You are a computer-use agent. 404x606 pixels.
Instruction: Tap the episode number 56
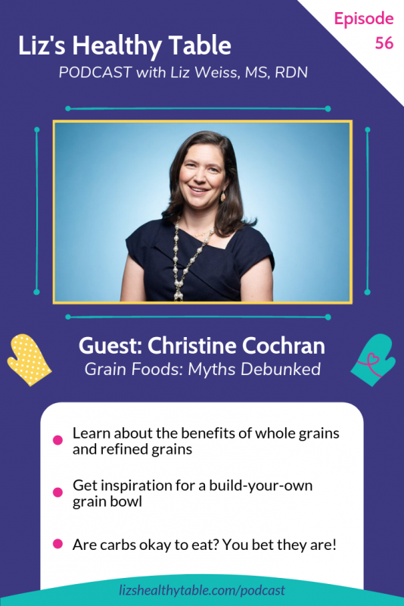point(384,43)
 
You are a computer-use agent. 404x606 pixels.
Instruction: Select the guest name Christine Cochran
point(202,347)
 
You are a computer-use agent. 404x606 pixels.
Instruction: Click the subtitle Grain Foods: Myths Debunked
point(202,370)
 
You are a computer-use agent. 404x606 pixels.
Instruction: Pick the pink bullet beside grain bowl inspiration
point(57,492)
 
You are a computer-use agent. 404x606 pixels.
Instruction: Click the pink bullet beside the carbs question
point(57,544)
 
